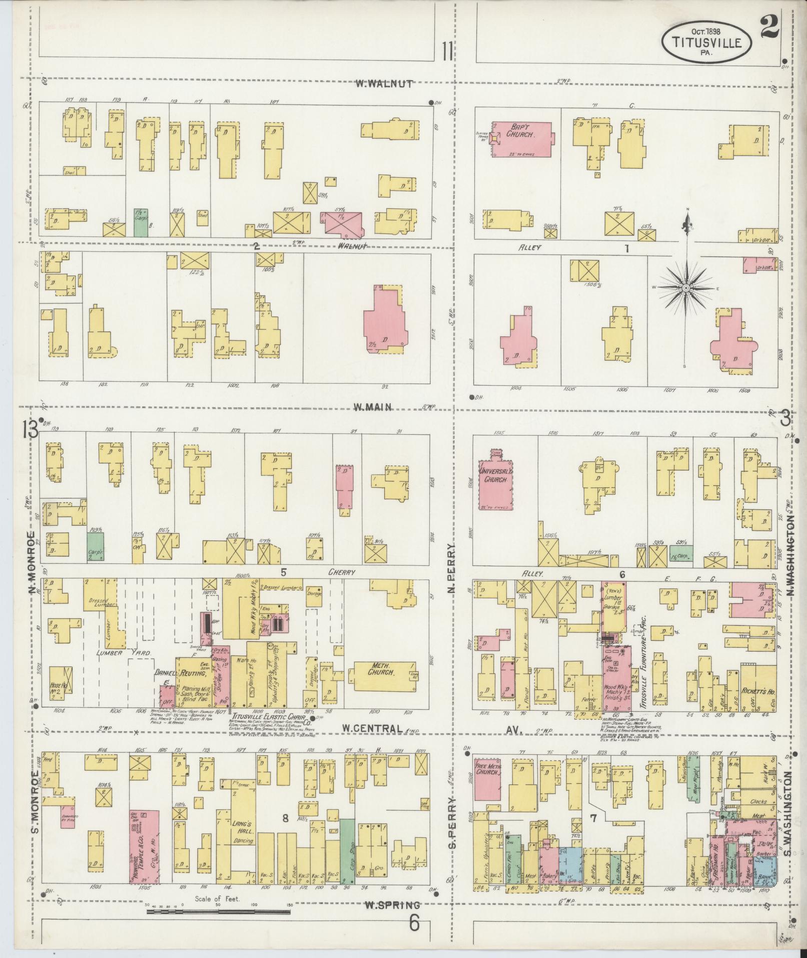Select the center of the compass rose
click(686, 288)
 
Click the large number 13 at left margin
click(29, 429)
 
